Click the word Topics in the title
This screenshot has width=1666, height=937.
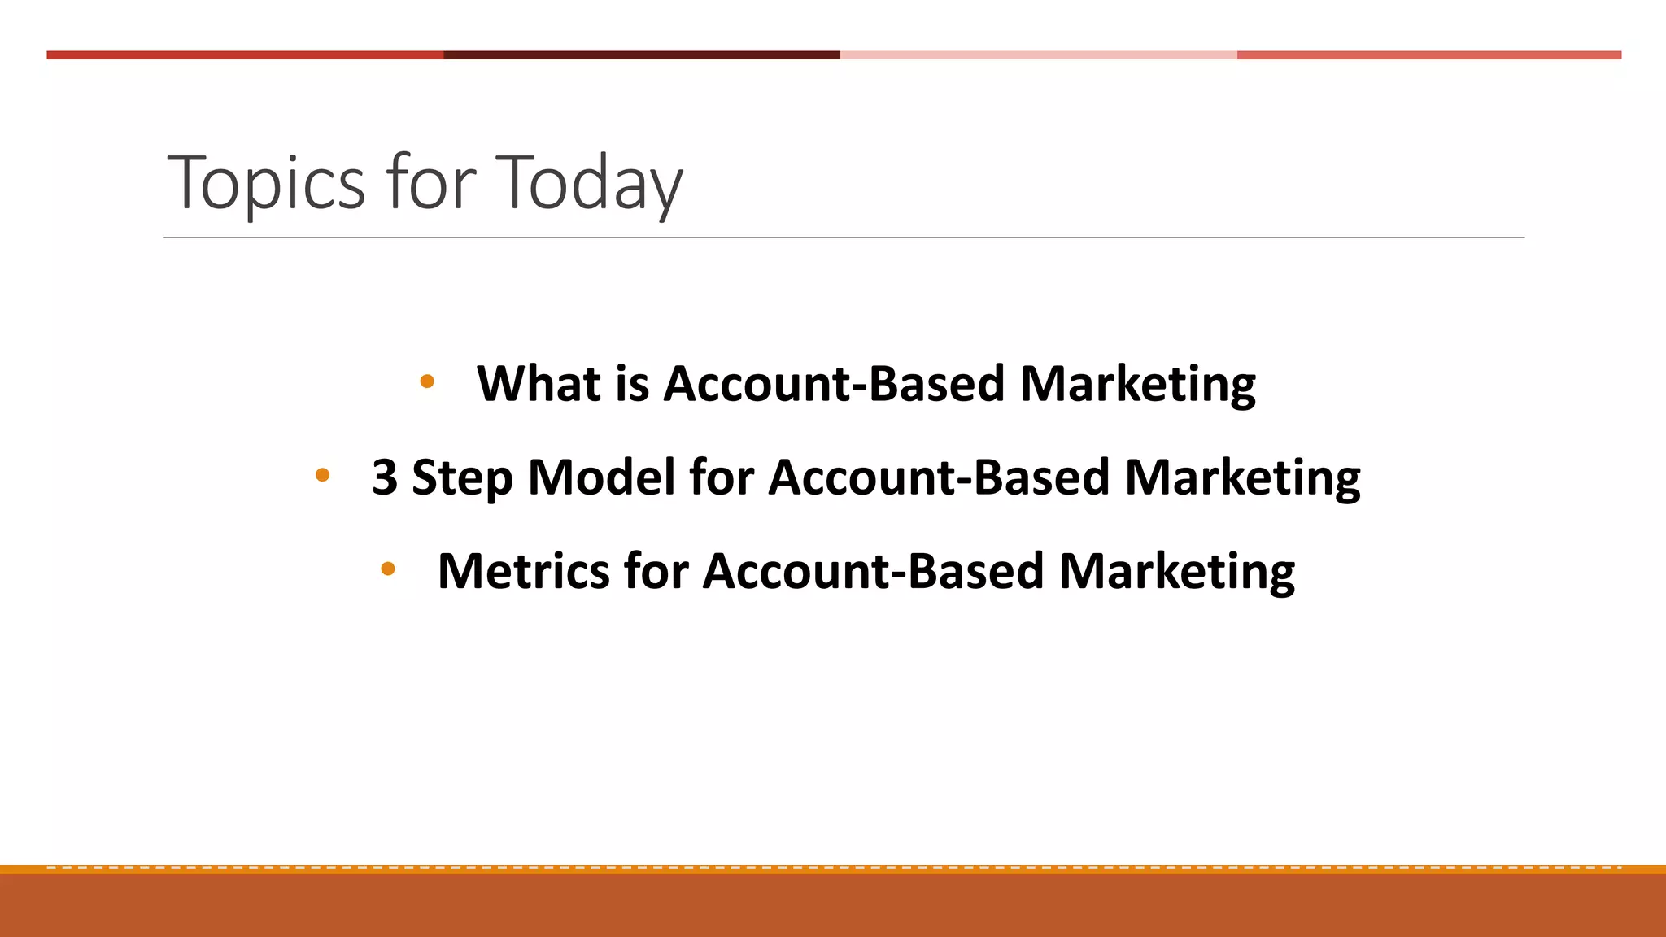click(x=266, y=185)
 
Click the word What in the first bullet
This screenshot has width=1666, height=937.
click(x=538, y=383)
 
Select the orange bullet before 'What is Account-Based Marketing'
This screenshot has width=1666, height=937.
click(x=427, y=381)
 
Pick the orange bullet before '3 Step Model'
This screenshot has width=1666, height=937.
click(x=322, y=475)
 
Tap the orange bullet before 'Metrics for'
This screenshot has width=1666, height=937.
click(x=388, y=569)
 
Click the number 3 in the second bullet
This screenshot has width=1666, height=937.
click(x=385, y=477)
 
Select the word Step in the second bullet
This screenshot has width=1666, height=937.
click(x=462, y=478)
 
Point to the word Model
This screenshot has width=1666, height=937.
click(x=601, y=477)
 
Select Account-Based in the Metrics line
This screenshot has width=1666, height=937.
click(x=873, y=571)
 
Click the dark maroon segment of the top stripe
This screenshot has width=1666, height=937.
click(x=641, y=55)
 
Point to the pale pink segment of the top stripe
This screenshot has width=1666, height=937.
click(x=1038, y=55)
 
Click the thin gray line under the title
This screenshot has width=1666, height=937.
click(x=843, y=238)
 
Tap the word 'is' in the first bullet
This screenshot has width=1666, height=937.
click(x=632, y=383)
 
